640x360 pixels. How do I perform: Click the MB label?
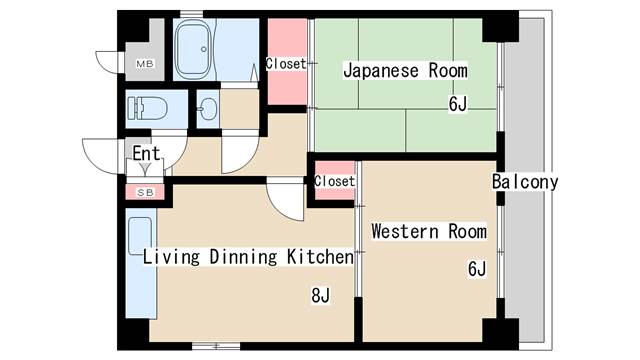[145, 65]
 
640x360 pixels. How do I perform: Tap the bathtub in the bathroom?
[193, 49]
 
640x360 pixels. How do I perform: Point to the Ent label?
[146, 153]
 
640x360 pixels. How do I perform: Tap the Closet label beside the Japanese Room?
[286, 64]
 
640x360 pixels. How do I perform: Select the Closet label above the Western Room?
[334, 181]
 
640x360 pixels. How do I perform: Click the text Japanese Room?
[405, 71]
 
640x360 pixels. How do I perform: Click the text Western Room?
[428, 232]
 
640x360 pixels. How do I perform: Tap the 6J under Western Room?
[476, 268]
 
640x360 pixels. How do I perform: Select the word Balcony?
[524, 183]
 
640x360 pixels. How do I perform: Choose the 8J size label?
[320, 295]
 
